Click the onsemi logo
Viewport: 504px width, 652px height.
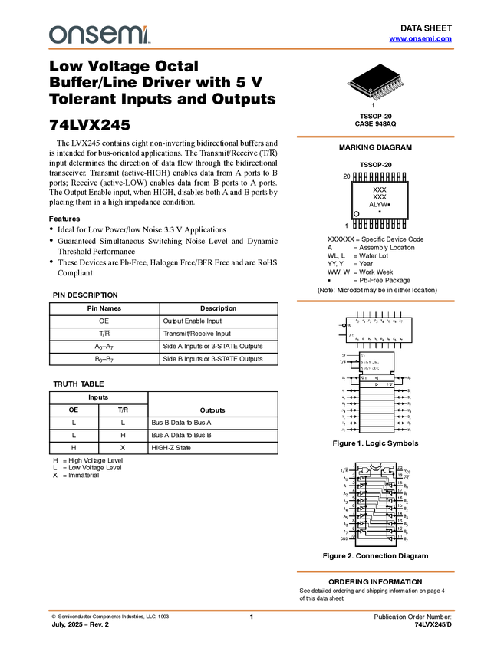click(x=99, y=35)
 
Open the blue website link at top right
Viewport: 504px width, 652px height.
click(x=420, y=38)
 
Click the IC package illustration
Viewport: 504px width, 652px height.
click(x=377, y=89)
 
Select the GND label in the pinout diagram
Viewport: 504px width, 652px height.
click(x=344, y=539)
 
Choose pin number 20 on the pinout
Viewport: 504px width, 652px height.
click(x=399, y=469)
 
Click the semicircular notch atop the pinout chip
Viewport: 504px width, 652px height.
click(x=376, y=465)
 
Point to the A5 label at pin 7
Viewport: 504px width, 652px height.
click(x=344, y=516)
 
